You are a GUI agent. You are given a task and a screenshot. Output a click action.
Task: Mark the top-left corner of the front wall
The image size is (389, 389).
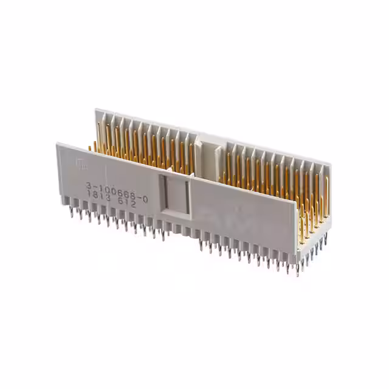click(x=58, y=144)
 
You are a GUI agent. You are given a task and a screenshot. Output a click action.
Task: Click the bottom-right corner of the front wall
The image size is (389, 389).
click(x=299, y=258)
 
